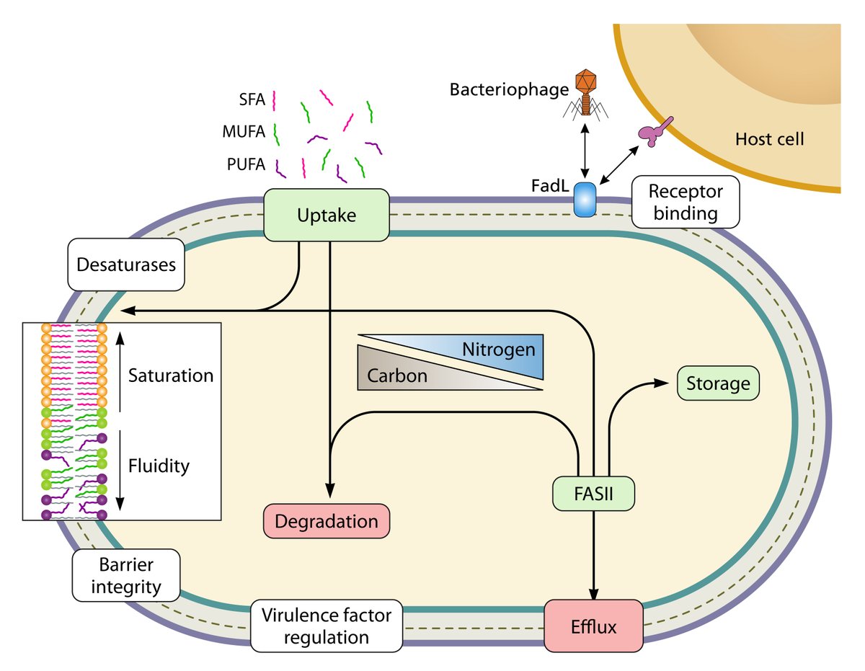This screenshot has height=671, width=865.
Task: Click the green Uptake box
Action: (x=327, y=215)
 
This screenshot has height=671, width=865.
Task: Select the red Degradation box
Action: (x=327, y=521)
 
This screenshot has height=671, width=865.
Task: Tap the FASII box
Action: (x=593, y=495)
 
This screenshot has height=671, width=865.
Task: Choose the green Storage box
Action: (x=718, y=383)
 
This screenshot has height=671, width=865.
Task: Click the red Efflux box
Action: (x=593, y=626)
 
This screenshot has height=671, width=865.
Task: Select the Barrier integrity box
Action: (x=126, y=577)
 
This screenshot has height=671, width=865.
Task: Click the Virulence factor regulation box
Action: (x=326, y=626)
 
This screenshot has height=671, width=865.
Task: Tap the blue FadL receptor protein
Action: (x=585, y=199)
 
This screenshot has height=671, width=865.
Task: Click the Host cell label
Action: (x=769, y=138)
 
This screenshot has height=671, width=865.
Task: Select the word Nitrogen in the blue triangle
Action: (x=499, y=350)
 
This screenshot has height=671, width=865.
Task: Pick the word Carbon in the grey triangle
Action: (x=396, y=376)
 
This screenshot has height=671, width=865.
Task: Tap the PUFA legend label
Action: (x=244, y=166)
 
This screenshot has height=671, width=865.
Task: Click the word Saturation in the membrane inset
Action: (x=171, y=376)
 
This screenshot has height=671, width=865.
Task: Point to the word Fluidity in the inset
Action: (x=159, y=466)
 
